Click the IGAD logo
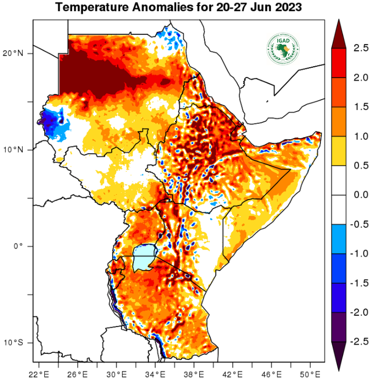coord(283,49)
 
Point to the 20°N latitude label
coord(13,53)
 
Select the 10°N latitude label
coord(13,150)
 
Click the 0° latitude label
coord(18,246)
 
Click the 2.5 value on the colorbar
coord(361,48)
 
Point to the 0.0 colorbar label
coord(361,195)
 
